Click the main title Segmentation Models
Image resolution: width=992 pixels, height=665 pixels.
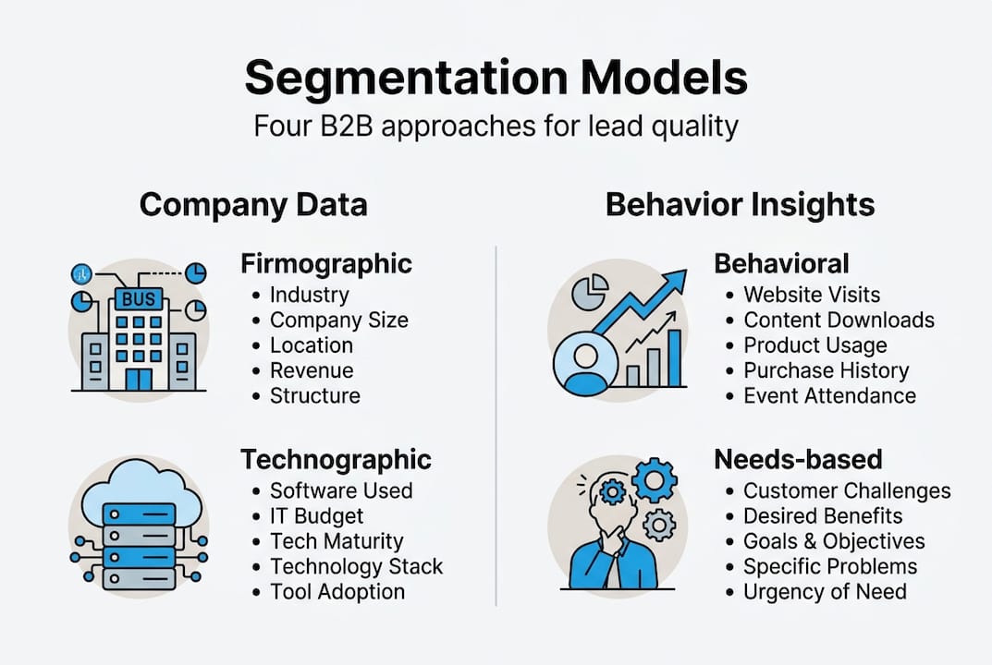pos(496,79)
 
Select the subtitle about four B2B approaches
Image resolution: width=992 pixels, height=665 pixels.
pos(496,126)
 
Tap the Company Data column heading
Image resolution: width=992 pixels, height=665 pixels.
pos(253,204)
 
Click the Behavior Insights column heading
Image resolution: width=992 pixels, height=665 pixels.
pos(740,204)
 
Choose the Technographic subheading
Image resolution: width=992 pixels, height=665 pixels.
pos(336,459)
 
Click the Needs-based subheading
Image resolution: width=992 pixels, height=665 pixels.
pos(798,459)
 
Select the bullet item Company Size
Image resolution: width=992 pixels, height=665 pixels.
pos(338,320)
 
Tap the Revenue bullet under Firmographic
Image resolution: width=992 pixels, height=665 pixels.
pos(311,370)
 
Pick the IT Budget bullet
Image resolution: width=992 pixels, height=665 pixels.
pos(316,516)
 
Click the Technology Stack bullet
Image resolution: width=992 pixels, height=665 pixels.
pos(356,566)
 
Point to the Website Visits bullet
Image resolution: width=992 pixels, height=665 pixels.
pos(812,296)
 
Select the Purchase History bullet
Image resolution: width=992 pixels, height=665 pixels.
pos(826,370)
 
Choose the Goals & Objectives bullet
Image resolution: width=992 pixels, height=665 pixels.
pos(834,541)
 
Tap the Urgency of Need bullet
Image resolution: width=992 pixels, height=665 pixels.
pos(825,591)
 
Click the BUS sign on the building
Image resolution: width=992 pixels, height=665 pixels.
pos(138,298)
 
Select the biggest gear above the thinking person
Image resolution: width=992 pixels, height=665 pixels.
pos(654,479)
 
